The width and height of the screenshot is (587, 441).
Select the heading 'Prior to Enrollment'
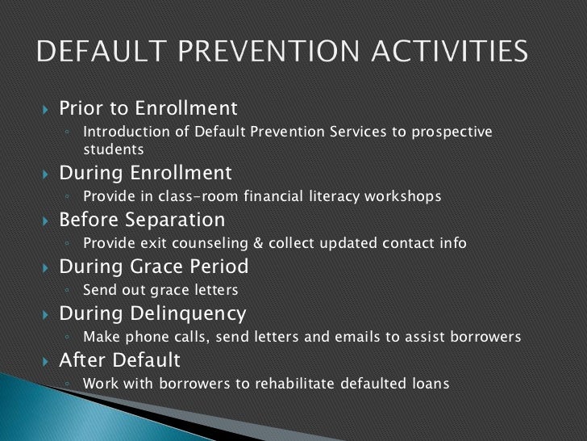click(x=148, y=107)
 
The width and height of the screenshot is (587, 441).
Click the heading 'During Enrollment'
click(x=145, y=173)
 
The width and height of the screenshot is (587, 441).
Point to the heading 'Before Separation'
click(x=142, y=220)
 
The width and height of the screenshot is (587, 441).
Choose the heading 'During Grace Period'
click(x=154, y=266)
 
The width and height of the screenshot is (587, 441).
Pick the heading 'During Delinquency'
click(x=152, y=313)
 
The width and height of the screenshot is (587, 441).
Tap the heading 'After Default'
click(x=120, y=359)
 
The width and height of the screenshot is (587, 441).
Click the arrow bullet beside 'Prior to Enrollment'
click(x=45, y=108)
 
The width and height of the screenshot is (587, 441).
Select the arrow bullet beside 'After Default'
click(x=45, y=360)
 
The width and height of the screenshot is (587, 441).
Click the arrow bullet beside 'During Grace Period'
click(x=45, y=267)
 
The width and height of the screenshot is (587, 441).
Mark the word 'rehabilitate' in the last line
click(x=285, y=384)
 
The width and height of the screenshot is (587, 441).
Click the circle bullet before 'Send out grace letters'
click(x=71, y=291)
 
